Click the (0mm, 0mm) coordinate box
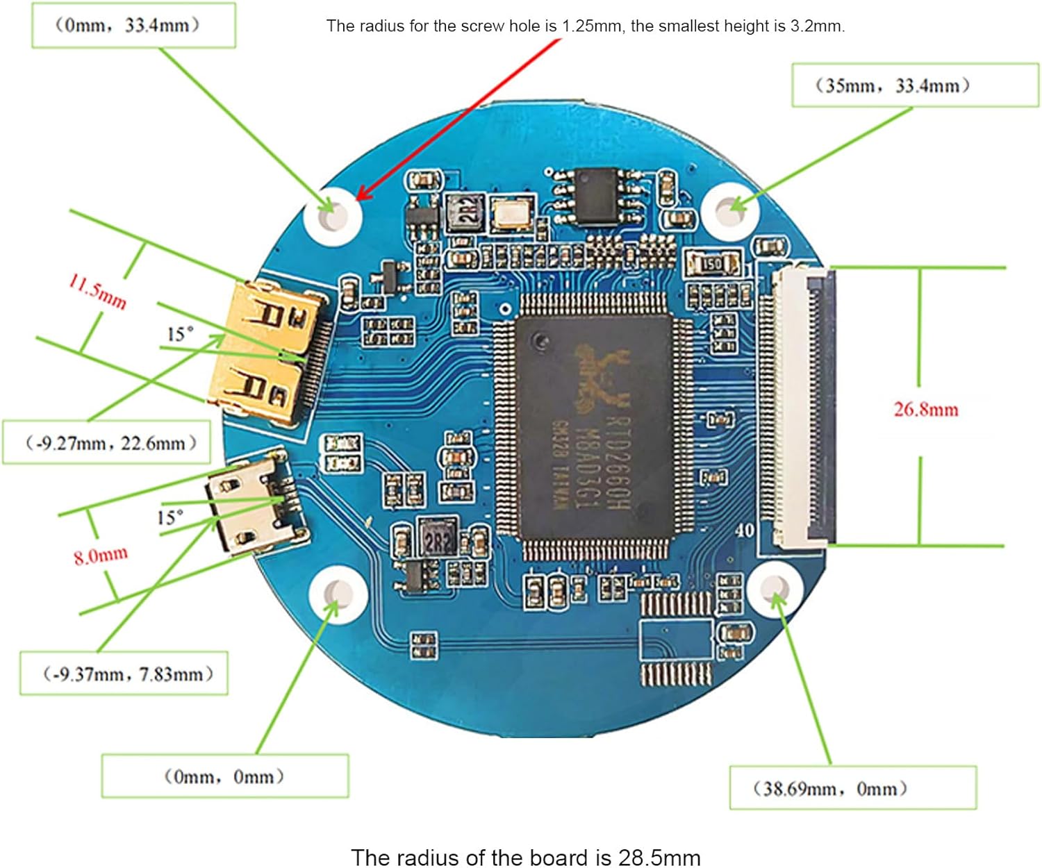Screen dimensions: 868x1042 pos(224,776)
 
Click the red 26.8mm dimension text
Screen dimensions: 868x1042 pos(925,409)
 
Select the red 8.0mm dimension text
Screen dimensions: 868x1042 pos(101,556)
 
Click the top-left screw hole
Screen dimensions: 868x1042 pos(333,215)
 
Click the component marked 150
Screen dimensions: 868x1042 pos(713,264)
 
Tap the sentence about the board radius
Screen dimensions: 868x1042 pos(525,857)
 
